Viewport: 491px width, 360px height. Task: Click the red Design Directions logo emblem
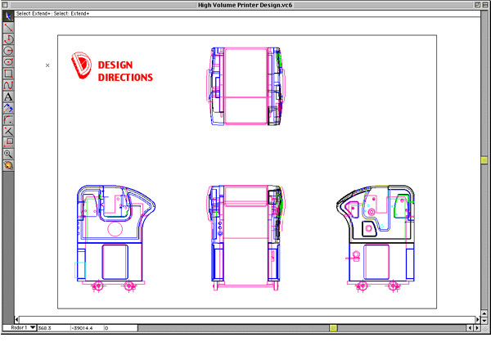pyautogui.click(x=82, y=65)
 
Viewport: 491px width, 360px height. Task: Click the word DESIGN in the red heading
pyautogui.click(x=115, y=65)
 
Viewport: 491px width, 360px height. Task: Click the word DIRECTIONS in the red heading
pyautogui.click(x=125, y=78)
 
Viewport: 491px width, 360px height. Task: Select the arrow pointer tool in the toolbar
pyautogui.click(x=8, y=16)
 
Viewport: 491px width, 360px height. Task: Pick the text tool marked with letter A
pyautogui.click(x=8, y=96)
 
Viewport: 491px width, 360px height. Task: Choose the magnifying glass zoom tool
pyautogui.click(x=8, y=153)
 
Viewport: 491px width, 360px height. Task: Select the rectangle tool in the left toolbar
pyautogui.click(x=8, y=73)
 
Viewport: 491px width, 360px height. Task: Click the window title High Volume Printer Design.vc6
pyautogui.click(x=245, y=5)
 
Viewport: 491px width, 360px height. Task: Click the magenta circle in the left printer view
pyautogui.click(x=115, y=230)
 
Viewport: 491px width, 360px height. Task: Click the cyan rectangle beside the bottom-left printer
pyautogui.click(x=80, y=269)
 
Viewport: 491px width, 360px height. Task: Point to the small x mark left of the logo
pyautogui.click(x=47, y=65)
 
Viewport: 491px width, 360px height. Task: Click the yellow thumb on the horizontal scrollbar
pyautogui.click(x=333, y=328)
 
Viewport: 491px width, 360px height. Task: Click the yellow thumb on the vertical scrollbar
pyautogui.click(x=484, y=160)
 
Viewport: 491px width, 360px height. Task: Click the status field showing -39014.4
pyautogui.click(x=85, y=328)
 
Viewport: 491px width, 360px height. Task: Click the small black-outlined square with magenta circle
pyautogui.click(x=372, y=211)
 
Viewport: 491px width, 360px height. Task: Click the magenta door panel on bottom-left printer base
pyautogui.click(x=115, y=261)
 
